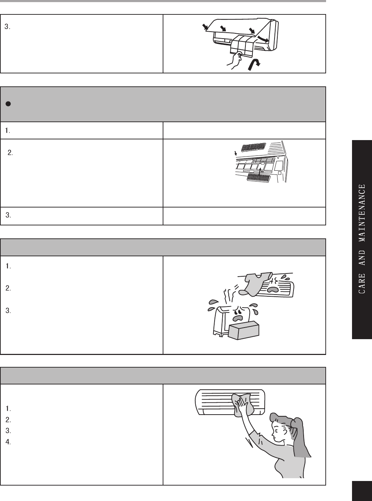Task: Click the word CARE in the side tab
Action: [x=361, y=283]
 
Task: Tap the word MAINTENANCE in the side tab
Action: [x=361, y=213]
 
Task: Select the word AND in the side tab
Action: [x=361, y=258]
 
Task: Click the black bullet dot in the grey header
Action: [x=8, y=104]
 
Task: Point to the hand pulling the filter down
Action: [x=235, y=59]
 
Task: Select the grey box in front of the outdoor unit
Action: [x=243, y=331]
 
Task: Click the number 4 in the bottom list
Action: [x=8, y=442]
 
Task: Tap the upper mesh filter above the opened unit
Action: [x=254, y=147]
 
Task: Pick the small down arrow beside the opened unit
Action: [x=236, y=153]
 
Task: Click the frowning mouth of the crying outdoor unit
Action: [x=238, y=318]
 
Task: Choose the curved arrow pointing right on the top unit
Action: [x=263, y=39]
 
